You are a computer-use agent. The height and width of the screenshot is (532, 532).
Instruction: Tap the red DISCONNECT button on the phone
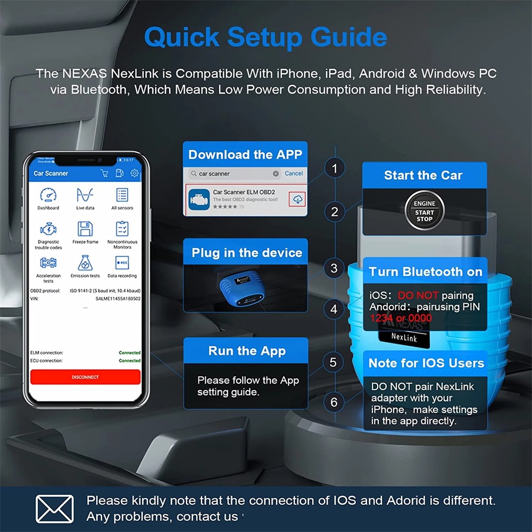[85, 377]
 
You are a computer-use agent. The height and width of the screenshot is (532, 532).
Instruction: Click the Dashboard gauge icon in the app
[48, 195]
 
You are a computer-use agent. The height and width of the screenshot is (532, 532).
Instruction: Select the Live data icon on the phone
[85, 195]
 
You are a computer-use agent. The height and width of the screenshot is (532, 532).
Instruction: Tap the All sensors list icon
[122, 195]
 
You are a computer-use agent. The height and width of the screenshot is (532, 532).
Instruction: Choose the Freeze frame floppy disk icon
[85, 229]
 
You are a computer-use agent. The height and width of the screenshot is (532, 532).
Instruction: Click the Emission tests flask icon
[85, 263]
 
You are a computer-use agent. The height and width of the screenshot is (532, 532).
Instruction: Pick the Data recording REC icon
[122, 263]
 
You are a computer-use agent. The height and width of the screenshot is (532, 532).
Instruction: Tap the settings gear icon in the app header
[135, 173]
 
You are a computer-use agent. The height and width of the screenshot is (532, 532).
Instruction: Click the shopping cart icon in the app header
[105, 173]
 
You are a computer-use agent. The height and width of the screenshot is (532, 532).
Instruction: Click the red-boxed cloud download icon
[297, 199]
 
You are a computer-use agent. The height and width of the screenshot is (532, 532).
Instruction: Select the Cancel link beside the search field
[294, 173]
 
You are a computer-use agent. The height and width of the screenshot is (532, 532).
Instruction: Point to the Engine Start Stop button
[424, 211]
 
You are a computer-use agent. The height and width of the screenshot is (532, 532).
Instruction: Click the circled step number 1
[334, 169]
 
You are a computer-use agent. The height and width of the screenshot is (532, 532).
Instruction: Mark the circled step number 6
[334, 402]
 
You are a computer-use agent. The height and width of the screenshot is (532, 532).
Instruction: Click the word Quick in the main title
[181, 37]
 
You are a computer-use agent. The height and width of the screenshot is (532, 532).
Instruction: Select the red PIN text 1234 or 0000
[400, 318]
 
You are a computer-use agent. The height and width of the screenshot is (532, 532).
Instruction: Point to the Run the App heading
[247, 351]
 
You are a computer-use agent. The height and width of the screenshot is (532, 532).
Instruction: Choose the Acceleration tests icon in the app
[48, 263]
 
